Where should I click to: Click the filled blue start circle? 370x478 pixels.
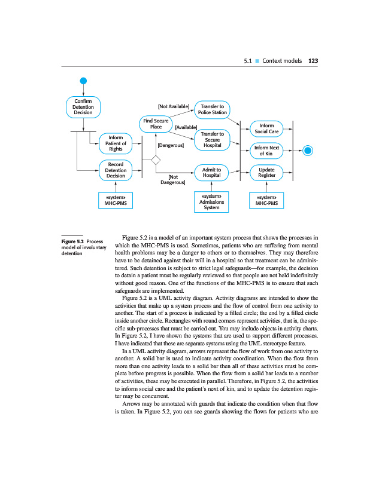tap(83, 81)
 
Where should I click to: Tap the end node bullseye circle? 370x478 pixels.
tap(308, 150)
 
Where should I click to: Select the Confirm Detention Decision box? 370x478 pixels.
tap(83, 107)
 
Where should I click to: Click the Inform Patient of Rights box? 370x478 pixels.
tap(116, 143)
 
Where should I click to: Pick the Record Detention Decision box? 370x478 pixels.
tap(116, 170)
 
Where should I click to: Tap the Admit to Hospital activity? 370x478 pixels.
tap(212, 173)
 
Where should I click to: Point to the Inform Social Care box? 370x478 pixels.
tap(266, 128)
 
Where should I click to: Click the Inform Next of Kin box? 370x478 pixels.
tap(266, 151)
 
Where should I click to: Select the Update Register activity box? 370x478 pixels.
tap(266, 173)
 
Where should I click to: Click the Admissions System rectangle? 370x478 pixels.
tap(212, 202)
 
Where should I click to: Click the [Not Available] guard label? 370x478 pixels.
tap(173, 106)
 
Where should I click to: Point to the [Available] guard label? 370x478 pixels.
tap(186, 127)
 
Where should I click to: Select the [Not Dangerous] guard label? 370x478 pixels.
tap(173, 179)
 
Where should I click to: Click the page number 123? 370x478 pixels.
tap(313, 60)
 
